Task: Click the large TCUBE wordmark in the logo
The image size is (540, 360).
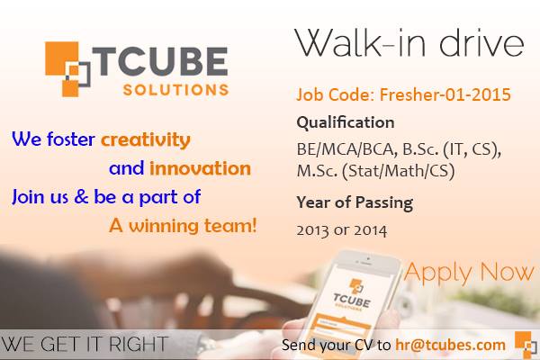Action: pyautogui.click(x=160, y=61)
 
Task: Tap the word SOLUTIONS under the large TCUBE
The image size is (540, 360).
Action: pyautogui.click(x=176, y=90)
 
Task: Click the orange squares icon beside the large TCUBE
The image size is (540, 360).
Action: pyautogui.click(x=67, y=69)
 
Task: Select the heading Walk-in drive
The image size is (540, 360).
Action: pyautogui.click(x=409, y=42)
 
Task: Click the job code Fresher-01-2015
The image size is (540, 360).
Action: pyautogui.click(x=445, y=94)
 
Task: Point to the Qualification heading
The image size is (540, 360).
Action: pyautogui.click(x=346, y=122)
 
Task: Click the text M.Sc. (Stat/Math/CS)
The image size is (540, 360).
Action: pyautogui.click(x=375, y=170)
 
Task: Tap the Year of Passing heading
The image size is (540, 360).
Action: pyautogui.click(x=355, y=202)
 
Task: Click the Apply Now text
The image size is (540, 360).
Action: pyautogui.click(x=469, y=273)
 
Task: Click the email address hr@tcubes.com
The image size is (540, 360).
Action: pyautogui.click(x=451, y=345)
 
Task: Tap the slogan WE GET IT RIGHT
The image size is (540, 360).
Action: pyautogui.click(x=85, y=344)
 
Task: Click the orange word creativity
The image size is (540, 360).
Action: pyautogui.click(x=146, y=140)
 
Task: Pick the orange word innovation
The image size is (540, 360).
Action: pyautogui.click(x=200, y=168)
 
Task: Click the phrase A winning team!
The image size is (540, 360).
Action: pyautogui.click(x=183, y=226)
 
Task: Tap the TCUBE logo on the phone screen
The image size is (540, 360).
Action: pyautogui.click(x=352, y=296)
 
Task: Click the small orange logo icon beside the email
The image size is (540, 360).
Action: pyautogui.click(x=526, y=344)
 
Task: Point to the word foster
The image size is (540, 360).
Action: pyautogui.click(x=70, y=139)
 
